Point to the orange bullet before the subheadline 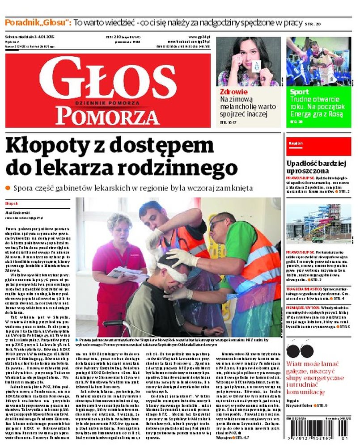[x=8, y=189]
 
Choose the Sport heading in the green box [x=299, y=92]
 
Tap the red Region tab [x=294, y=143]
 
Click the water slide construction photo [x=318, y=221]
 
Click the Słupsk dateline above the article [x=11, y=202]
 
